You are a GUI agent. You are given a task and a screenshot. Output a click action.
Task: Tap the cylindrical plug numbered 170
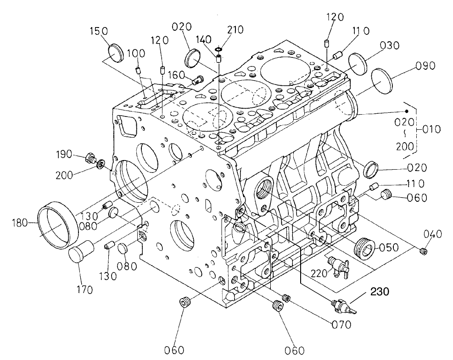coord(81,254)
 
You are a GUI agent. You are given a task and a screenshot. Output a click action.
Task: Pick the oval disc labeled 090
coord(380,80)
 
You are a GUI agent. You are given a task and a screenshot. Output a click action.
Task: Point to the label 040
coord(433,234)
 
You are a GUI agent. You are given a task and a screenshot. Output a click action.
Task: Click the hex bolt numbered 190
coord(90,159)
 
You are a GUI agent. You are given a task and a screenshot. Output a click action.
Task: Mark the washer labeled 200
coord(101,163)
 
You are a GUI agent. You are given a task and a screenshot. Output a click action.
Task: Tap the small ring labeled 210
coord(218,49)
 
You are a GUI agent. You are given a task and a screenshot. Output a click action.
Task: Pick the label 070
coord(340,325)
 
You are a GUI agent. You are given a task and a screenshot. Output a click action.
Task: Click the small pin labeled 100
coord(138,71)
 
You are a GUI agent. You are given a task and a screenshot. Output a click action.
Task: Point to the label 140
coord(204,40)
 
